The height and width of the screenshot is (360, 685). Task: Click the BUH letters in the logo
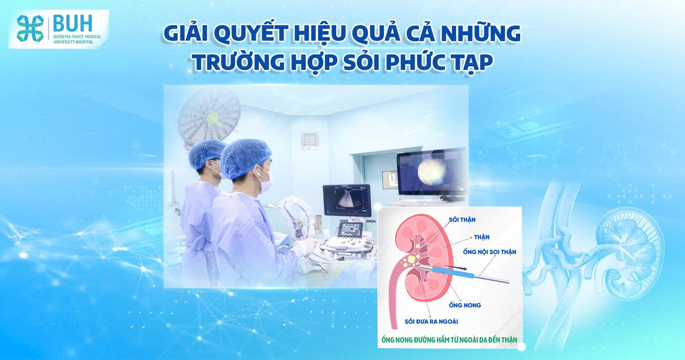[x=72, y=23]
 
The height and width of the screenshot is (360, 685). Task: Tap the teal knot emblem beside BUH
[x=30, y=28]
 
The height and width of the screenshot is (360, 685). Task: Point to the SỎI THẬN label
[x=462, y=220]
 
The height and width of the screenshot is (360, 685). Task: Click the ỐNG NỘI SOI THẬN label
[x=489, y=252]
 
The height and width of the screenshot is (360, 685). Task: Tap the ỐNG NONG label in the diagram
[x=465, y=305]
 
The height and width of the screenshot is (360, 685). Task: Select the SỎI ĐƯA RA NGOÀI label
[x=431, y=321]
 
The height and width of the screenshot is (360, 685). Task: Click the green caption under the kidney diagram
[x=449, y=339]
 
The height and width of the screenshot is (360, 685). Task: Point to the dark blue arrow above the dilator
[x=453, y=267]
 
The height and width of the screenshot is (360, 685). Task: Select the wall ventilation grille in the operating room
[x=310, y=140]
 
